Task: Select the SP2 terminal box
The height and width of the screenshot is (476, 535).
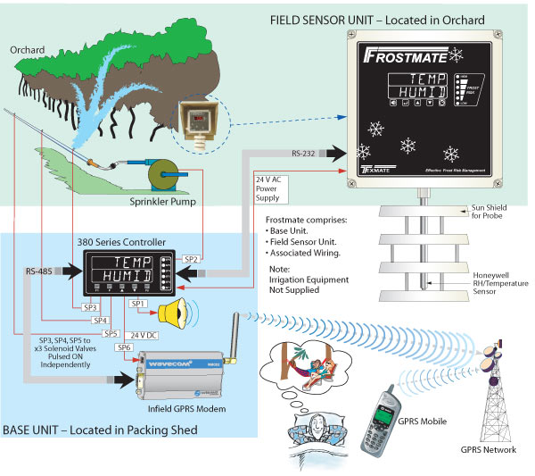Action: pyautogui.click(x=190, y=259)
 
